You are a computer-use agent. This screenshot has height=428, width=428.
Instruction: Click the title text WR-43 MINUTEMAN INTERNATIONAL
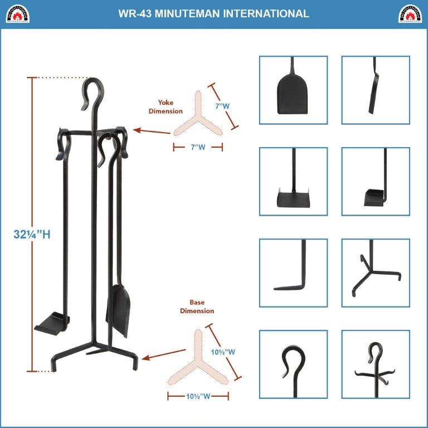(214, 14)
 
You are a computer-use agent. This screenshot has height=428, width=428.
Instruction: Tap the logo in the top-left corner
(17, 14)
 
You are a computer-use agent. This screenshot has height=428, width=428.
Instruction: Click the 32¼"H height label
(32, 235)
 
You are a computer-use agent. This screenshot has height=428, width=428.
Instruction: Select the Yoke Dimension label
(169, 107)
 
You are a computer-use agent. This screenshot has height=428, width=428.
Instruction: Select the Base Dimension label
(197, 307)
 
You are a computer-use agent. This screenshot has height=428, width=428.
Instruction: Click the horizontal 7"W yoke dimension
(198, 148)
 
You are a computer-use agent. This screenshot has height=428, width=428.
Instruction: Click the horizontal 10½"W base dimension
(198, 397)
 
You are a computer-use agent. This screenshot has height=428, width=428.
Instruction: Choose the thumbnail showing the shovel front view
(294, 89)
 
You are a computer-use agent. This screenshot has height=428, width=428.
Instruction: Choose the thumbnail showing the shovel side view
(376, 89)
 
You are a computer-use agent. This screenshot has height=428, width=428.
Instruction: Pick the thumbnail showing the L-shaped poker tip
(294, 273)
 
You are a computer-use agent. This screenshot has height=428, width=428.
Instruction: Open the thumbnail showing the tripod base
(376, 273)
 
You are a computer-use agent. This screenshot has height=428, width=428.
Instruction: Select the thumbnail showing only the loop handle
(294, 364)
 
